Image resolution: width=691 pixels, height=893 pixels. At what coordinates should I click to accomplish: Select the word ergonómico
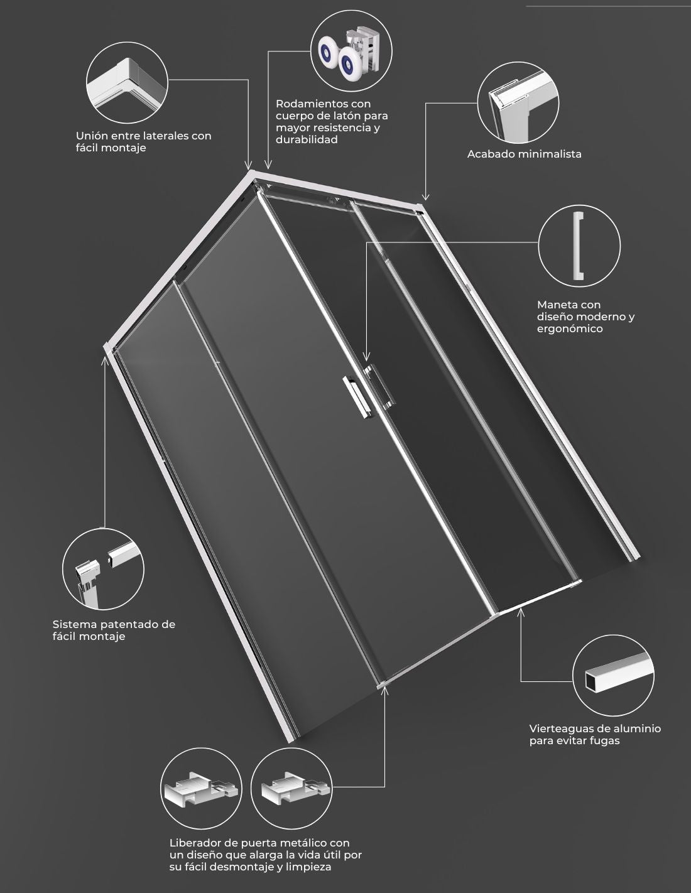(x=570, y=329)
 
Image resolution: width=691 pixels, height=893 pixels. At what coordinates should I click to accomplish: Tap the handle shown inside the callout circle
(x=579, y=246)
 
